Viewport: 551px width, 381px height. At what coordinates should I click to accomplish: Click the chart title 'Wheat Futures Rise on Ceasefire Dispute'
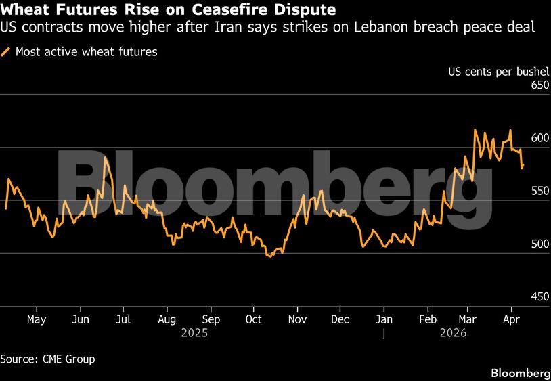(x=168, y=10)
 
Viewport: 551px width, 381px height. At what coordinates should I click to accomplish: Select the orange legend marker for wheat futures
(x=6, y=52)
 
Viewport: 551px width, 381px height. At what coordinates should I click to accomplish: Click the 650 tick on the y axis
(x=539, y=85)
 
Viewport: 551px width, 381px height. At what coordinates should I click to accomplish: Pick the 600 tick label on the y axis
(x=539, y=138)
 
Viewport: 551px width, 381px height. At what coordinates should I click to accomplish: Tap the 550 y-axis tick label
(x=539, y=191)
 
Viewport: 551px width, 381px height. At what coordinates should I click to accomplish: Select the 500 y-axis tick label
(x=539, y=244)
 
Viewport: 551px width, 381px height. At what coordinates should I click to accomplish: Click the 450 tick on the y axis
(x=539, y=296)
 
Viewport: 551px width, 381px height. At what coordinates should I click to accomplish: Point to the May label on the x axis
(x=36, y=319)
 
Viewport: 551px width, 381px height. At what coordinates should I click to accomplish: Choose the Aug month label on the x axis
(x=167, y=319)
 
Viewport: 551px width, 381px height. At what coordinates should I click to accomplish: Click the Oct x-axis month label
(x=253, y=319)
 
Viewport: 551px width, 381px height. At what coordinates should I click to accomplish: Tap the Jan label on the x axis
(x=384, y=319)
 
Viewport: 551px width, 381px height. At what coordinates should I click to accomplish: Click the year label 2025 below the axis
(x=194, y=333)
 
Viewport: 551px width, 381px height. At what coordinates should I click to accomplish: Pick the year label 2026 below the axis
(x=454, y=333)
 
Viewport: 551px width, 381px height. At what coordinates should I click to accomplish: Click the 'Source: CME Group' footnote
(x=47, y=359)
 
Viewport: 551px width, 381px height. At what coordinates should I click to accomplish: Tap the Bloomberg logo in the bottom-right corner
(x=520, y=373)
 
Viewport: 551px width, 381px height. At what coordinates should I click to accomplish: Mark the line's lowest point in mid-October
(x=271, y=256)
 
